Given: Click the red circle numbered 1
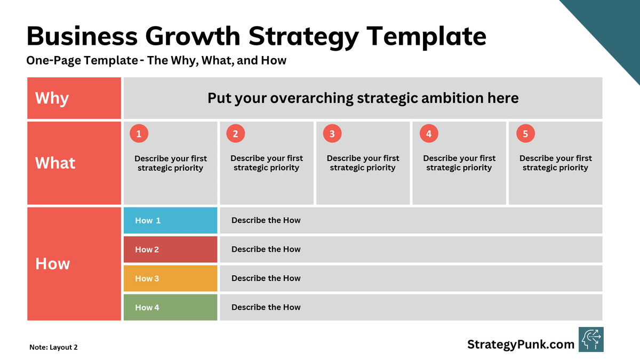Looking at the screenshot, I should click(x=139, y=134).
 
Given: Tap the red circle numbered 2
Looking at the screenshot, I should click(x=235, y=134).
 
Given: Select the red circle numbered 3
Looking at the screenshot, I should click(x=332, y=134).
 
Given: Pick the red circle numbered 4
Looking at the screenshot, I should click(x=429, y=134).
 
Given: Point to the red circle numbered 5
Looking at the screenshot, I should click(x=525, y=134).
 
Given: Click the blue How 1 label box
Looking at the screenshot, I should click(x=170, y=220).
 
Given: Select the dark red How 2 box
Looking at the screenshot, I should click(x=170, y=250).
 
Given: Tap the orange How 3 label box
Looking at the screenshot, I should click(x=170, y=278).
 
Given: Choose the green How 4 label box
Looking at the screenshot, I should click(x=170, y=307).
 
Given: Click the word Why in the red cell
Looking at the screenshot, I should click(x=52, y=99).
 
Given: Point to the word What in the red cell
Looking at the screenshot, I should click(x=55, y=163).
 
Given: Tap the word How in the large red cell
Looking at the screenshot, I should click(x=52, y=264).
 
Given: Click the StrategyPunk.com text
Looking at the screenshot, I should click(x=521, y=345).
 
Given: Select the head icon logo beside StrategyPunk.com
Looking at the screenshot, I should click(x=591, y=340).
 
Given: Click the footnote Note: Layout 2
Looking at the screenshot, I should click(x=53, y=347).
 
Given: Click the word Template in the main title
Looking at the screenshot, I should click(x=426, y=37).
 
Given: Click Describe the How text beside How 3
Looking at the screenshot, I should click(x=266, y=278).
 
